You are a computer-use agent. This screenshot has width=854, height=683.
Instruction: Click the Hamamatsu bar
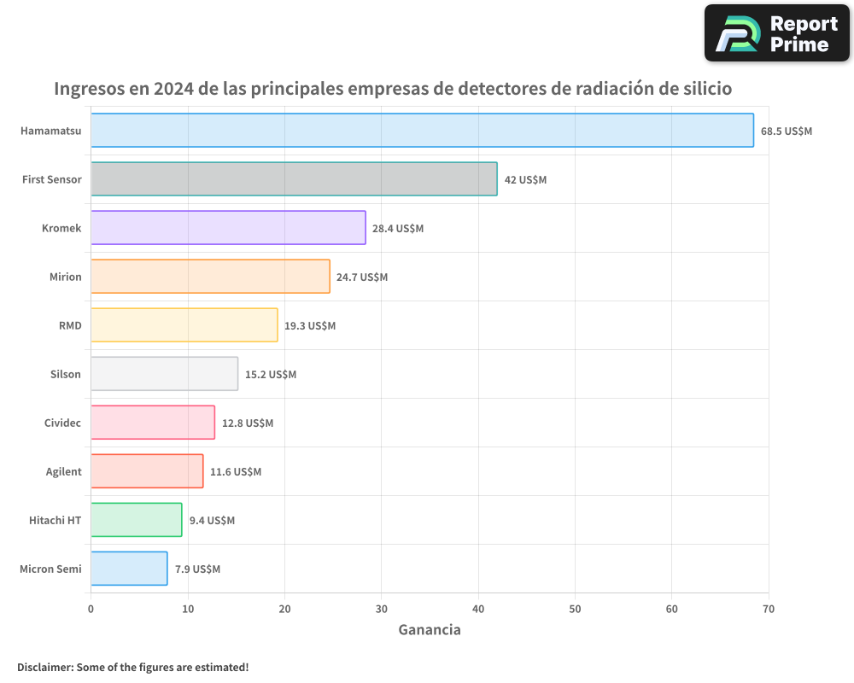(422, 131)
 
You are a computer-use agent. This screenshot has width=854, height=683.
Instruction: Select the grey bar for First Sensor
(294, 179)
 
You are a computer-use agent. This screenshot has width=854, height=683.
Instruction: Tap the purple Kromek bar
(228, 228)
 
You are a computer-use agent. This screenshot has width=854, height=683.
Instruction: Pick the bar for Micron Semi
(129, 569)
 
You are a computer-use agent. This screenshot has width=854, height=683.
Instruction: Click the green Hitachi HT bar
(136, 520)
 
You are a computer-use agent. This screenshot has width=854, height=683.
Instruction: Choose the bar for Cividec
(153, 423)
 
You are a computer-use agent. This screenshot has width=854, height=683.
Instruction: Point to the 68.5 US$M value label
(787, 131)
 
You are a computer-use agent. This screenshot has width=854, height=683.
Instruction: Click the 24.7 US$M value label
(362, 277)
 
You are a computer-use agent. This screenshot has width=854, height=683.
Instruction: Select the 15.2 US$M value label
(271, 375)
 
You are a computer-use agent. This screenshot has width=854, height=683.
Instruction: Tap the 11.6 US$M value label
(236, 472)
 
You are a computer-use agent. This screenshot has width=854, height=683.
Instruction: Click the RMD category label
(70, 325)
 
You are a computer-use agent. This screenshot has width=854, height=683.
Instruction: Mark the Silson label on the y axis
(67, 374)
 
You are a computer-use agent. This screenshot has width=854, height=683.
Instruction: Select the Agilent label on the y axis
(64, 471)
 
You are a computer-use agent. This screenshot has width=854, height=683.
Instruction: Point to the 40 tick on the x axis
(478, 609)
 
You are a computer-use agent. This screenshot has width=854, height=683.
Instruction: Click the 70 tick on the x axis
(768, 609)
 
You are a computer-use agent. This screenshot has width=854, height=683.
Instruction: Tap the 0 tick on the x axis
(91, 609)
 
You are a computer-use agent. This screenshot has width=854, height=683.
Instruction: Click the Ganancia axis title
(430, 630)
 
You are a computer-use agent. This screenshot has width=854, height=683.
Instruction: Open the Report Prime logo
(776, 33)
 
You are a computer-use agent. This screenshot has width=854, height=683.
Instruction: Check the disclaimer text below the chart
(133, 667)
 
